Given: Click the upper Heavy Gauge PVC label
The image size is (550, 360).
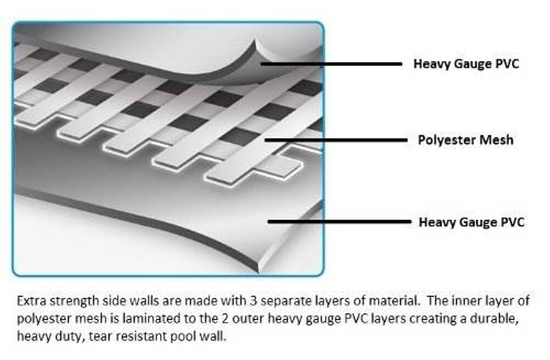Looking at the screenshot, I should click(x=466, y=64).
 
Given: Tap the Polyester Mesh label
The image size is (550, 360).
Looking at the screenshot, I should click(x=465, y=140).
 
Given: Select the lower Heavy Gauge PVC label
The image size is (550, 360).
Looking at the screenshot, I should click(x=471, y=222).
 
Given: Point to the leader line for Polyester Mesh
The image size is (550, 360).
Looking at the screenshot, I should click(x=335, y=140).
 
